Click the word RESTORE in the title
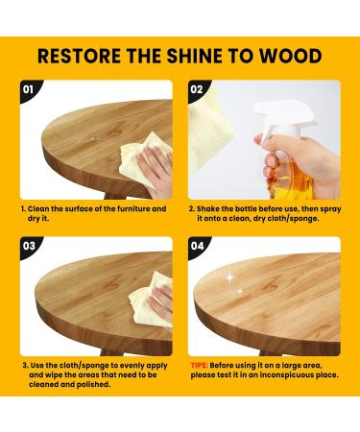click(x=80, y=56)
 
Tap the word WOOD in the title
click(x=290, y=56)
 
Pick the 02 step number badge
click(x=197, y=89)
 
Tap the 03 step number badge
click(x=29, y=246)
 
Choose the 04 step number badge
click(x=197, y=246)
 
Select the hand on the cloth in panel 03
click(x=162, y=301)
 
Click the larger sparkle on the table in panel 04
click(x=230, y=277)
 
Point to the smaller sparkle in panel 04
click(x=240, y=291)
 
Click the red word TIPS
click(x=199, y=366)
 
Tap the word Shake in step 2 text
click(x=208, y=209)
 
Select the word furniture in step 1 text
click(x=133, y=209)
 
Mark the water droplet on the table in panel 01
click(x=93, y=139)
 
